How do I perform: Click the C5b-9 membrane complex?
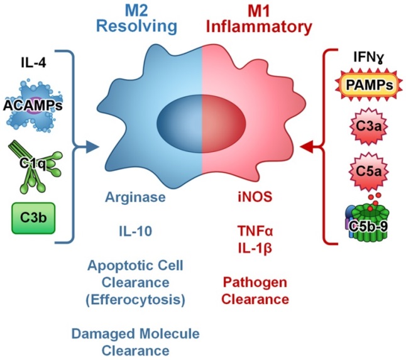point(362,220)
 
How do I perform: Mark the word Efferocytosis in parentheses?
point(136,299)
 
